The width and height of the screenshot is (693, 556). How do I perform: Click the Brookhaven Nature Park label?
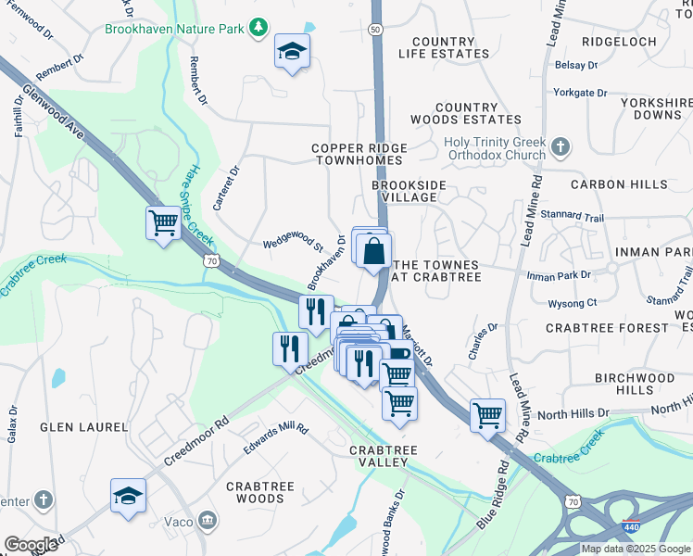click(x=174, y=30)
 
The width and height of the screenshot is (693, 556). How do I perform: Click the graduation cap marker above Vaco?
click(x=128, y=496)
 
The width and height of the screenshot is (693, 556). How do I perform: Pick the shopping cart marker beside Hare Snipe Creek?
click(x=163, y=223)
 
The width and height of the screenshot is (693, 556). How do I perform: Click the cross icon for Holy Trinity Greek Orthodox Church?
click(x=559, y=146)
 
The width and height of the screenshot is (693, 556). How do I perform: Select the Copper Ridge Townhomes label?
click(x=358, y=154)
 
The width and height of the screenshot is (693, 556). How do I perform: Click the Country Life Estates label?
click(x=444, y=48)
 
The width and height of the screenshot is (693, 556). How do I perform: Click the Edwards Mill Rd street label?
click(x=275, y=441)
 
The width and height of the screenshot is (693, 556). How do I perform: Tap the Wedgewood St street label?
click(x=293, y=246)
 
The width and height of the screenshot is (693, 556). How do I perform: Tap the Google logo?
click(x=31, y=544)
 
